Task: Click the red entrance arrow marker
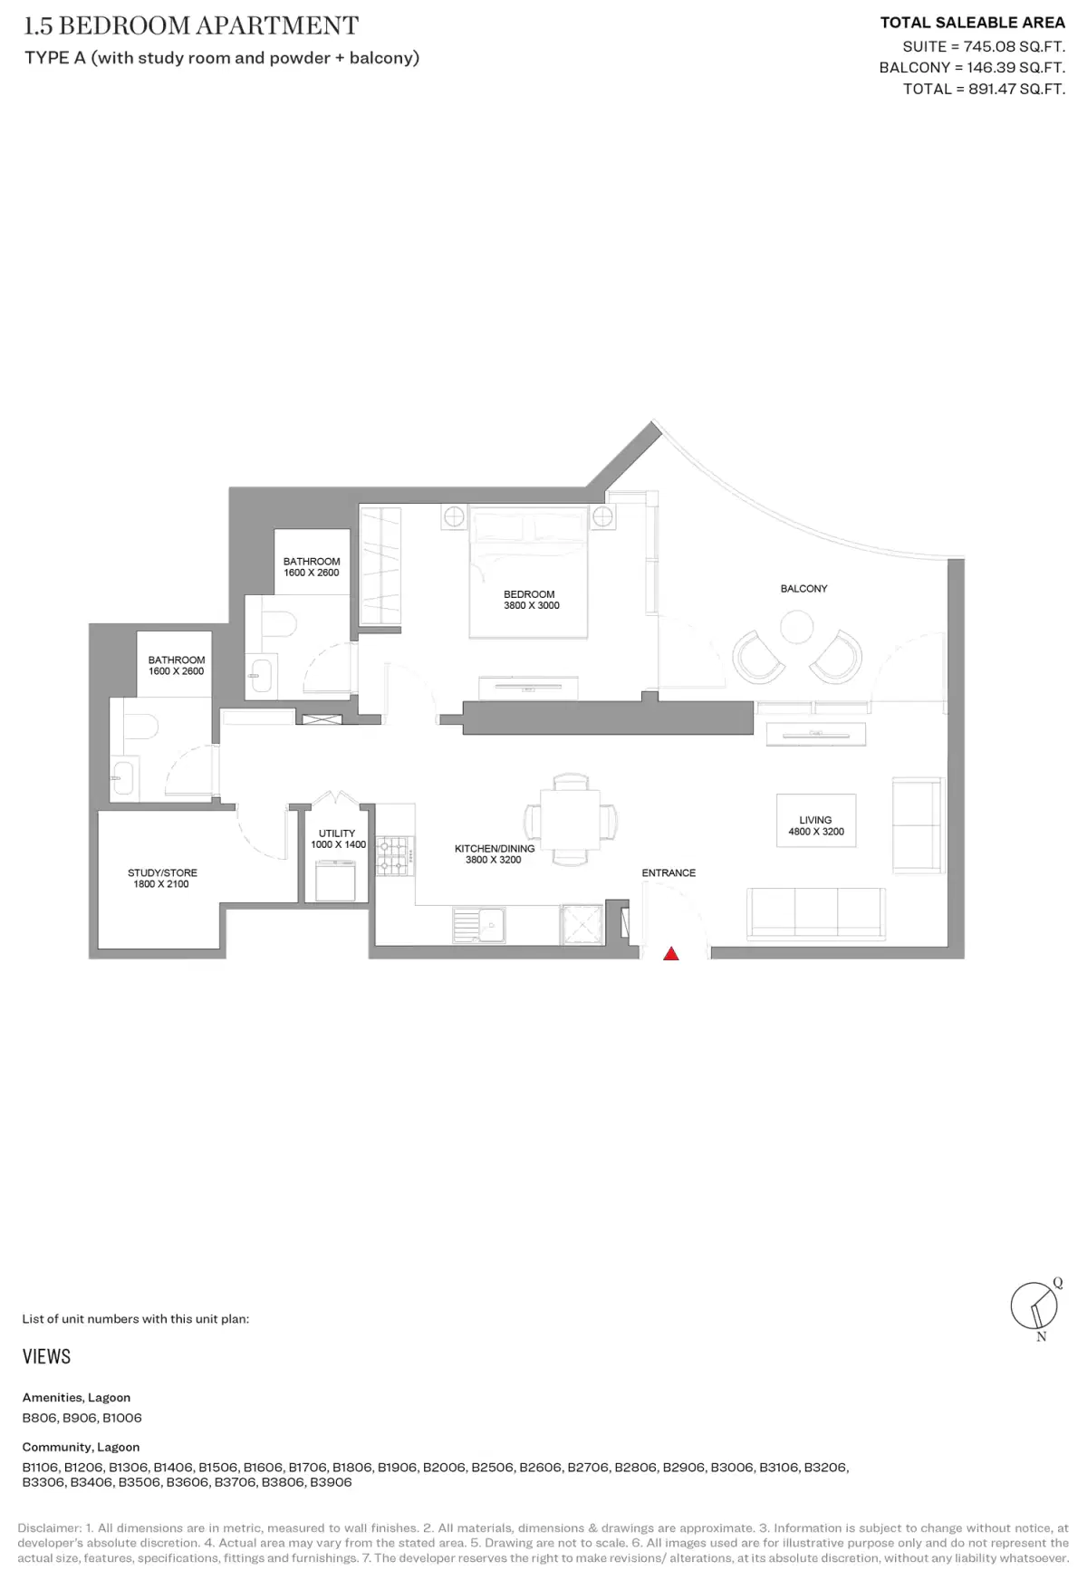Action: pyautogui.click(x=670, y=953)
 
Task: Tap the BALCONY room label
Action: pyautogui.click(x=803, y=589)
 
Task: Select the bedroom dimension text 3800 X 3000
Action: pyautogui.click(x=532, y=606)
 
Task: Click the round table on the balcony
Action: pyautogui.click(x=796, y=627)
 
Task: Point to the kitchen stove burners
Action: pyautogui.click(x=394, y=855)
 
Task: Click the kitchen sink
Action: pyautogui.click(x=479, y=925)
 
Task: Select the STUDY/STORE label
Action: pyautogui.click(x=162, y=873)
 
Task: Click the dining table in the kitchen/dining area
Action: pyautogui.click(x=570, y=819)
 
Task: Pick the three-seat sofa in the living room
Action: pyautogui.click(x=815, y=912)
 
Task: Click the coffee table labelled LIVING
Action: pyautogui.click(x=815, y=821)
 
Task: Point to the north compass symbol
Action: pyautogui.click(x=1034, y=1307)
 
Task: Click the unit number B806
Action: pyautogui.click(x=40, y=1418)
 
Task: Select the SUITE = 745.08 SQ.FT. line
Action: pyautogui.click(x=983, y=46)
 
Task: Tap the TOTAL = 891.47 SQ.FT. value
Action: pyautogui.click(x=984, y=89)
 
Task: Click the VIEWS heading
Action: pyautogui.click(x=46, y=1356)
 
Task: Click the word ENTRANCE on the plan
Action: pyautogui.click(x=669, y=873)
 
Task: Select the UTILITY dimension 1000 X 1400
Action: pyautogui.click(x=338, y=844)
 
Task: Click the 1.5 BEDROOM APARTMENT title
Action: pyautogui.click(x=191, y=25)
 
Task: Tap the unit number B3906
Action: pyautogui.click(x=331, y=1482)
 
